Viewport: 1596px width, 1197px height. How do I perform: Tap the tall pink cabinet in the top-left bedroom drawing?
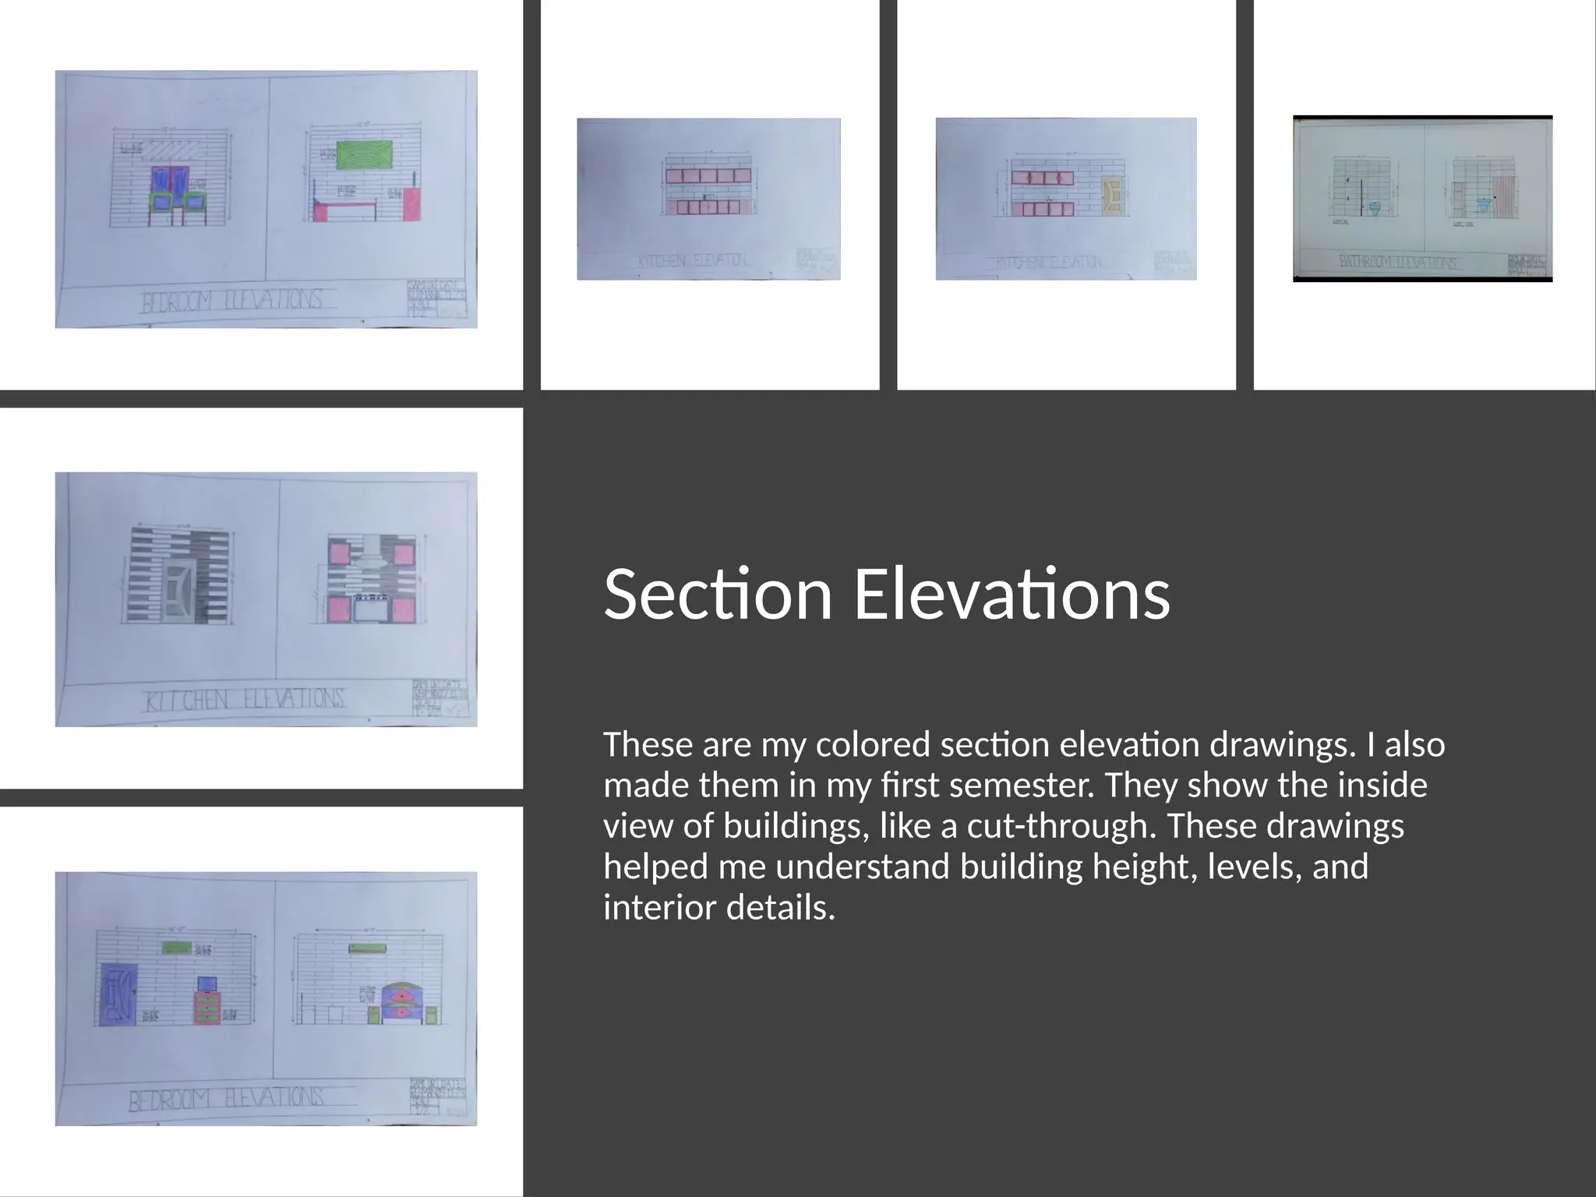point(412,204)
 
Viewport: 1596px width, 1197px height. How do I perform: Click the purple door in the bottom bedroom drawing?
point(119,994)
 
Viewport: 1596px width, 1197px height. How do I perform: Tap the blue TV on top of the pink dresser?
point(207,983)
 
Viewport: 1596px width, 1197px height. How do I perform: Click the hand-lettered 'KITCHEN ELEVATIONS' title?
point(244,699)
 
